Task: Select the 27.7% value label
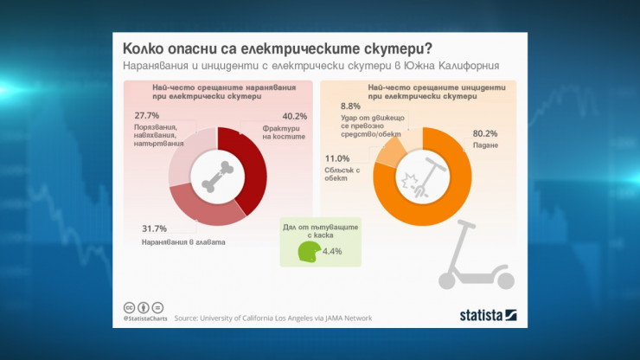[x=146, y=116]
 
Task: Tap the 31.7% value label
[x=154, y=228]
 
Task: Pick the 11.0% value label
[x=336, y=158]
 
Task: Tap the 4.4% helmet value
[x=332, y=252]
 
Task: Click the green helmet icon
[x=308, y=252]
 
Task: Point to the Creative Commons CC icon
[x=128, y=307]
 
